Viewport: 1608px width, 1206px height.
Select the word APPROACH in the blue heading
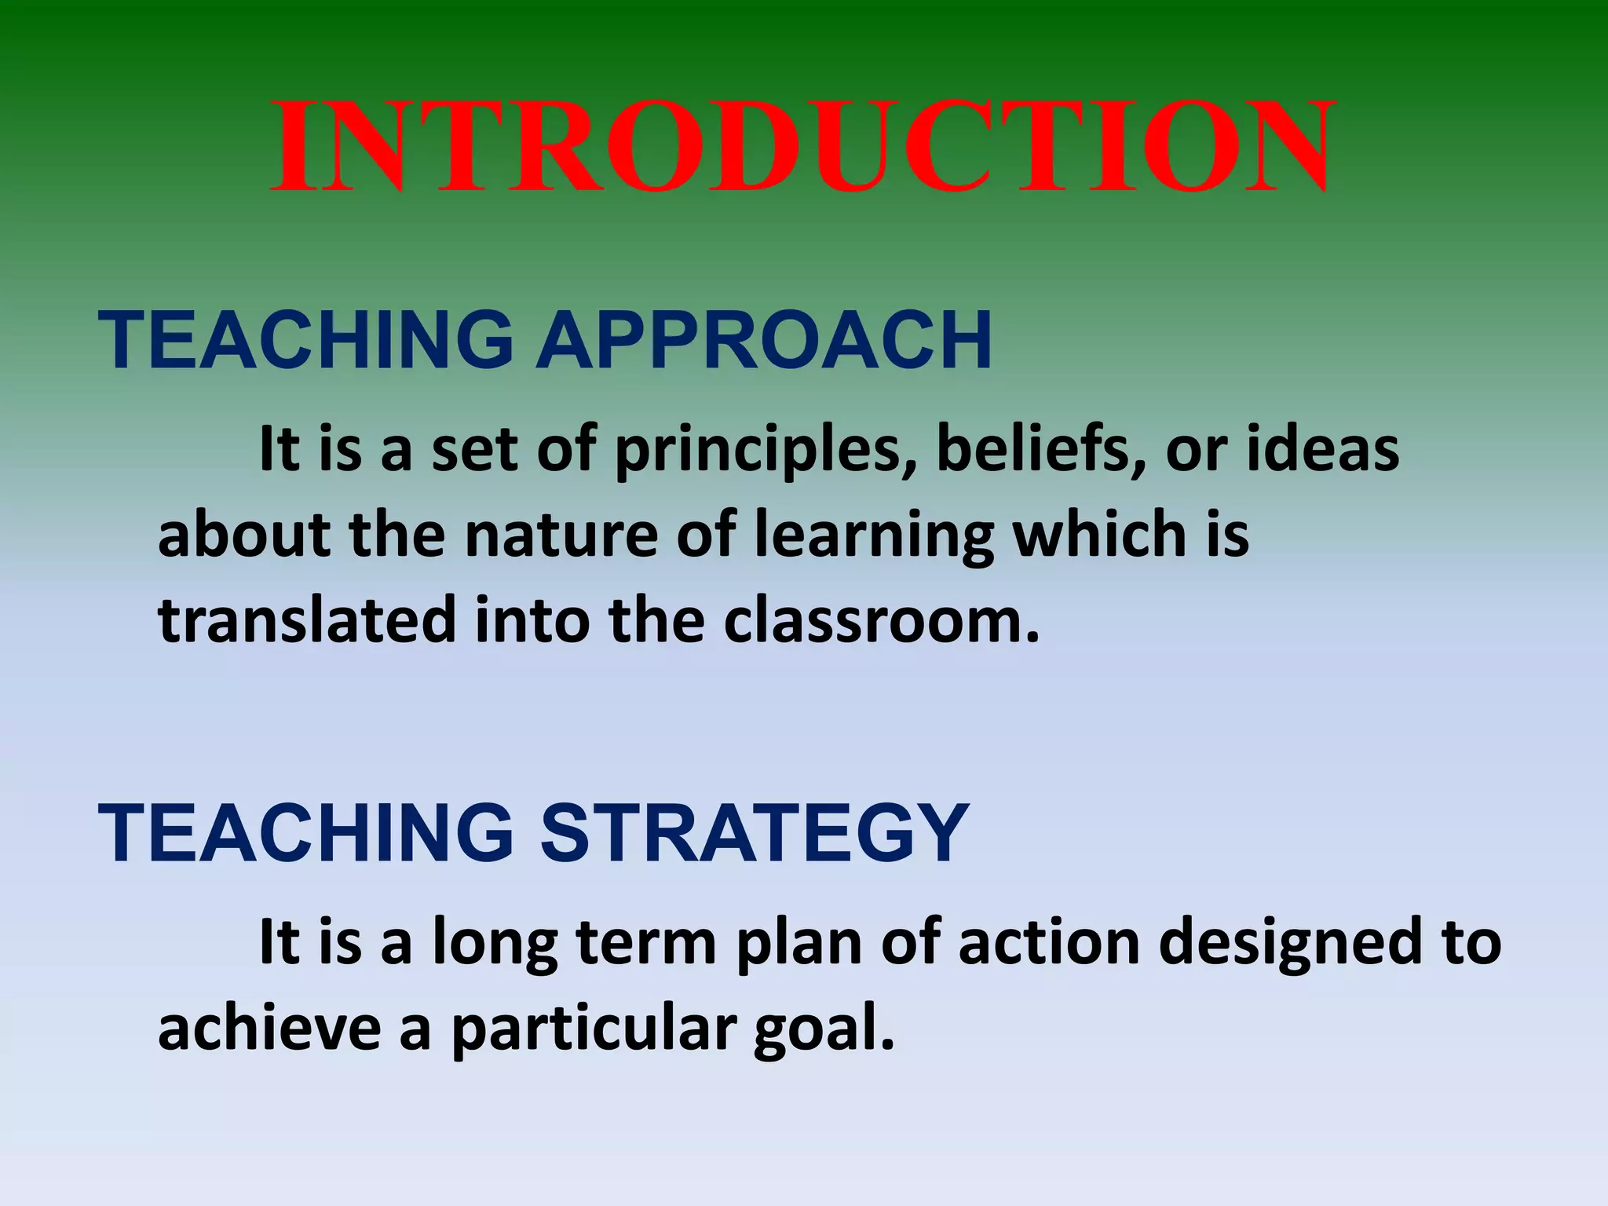pos(764,341)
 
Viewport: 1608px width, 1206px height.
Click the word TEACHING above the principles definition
pos(306,341)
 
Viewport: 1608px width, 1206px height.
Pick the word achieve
pos(269,1028)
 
